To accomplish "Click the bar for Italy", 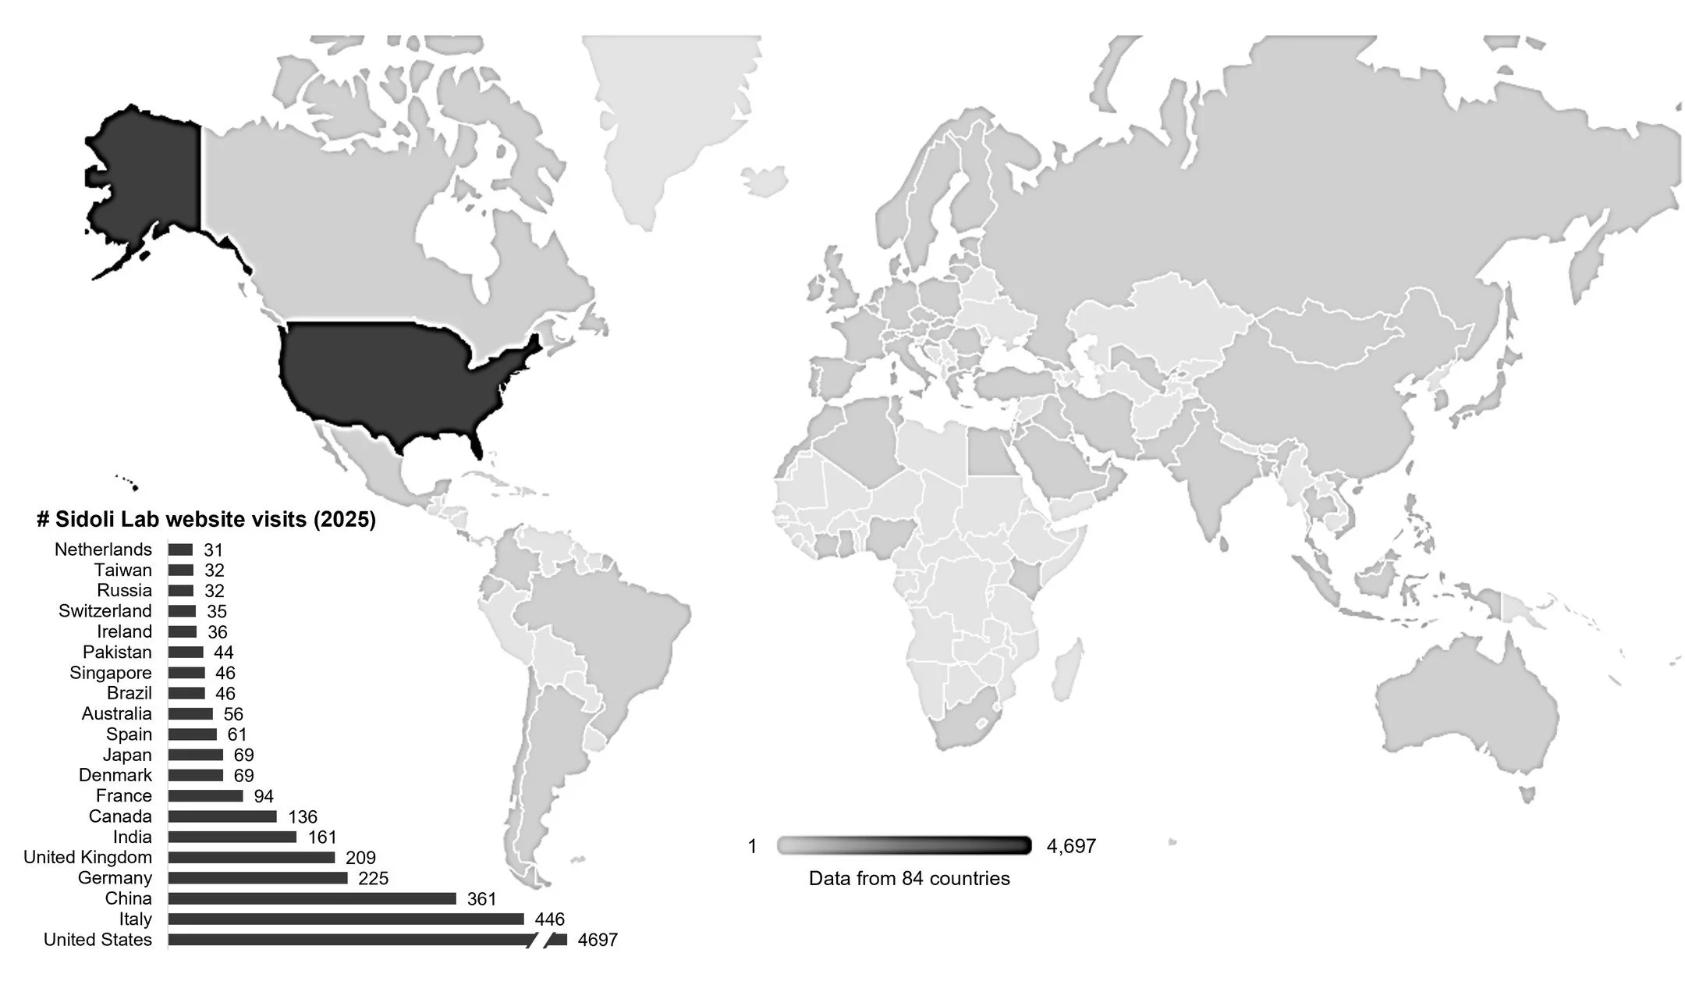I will pos(346,919).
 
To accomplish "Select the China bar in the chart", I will pos(312,898).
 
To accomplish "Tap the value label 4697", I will pos(598,940).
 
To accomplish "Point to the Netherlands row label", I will pos(103,549).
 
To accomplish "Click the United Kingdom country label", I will pos(87,857).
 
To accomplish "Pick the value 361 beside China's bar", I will pos(481,899).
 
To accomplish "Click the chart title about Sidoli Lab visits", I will pos(207,520).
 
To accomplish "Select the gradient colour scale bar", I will pos(904,845).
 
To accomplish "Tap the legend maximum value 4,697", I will pos(1071,846).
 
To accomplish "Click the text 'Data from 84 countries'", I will pos(909,878).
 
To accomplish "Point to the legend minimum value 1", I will pos(752,846).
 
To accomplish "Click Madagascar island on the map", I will pos(1066,670).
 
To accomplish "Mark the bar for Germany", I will pos(257,878).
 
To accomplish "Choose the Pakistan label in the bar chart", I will pos(117,652).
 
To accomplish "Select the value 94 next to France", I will pos(264,796).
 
